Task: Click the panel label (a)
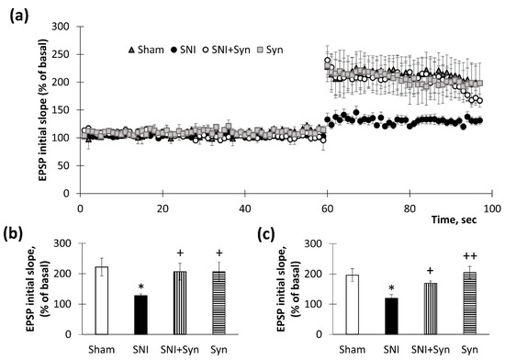(17, 12)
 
